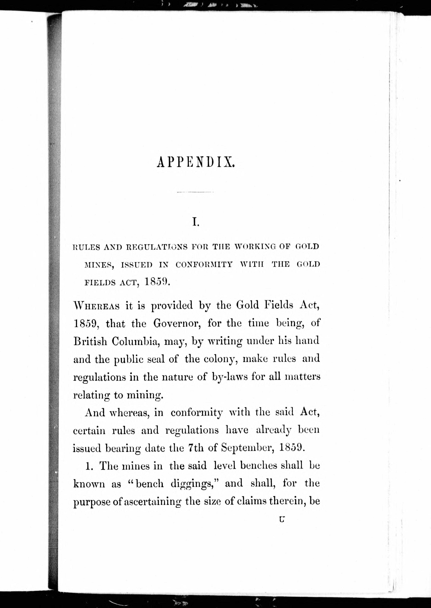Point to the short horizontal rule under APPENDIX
195,192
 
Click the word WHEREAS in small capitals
96,306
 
